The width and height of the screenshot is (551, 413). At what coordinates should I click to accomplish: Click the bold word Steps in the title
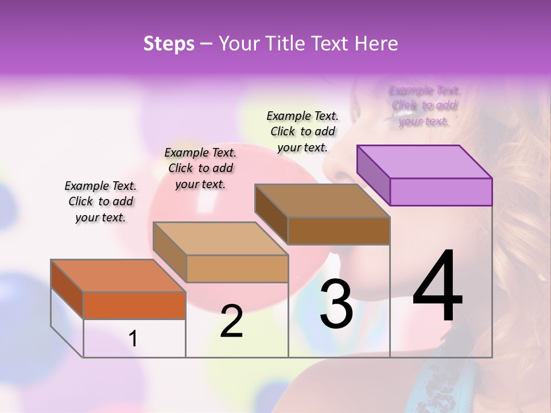[169, 44]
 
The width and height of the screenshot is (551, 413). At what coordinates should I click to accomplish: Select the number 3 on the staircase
[336, 304]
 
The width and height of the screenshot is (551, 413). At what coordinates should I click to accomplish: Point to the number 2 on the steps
[231, 321]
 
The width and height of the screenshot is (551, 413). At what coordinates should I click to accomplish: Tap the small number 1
[133, 338]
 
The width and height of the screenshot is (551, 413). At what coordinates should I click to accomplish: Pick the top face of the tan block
[220, 239]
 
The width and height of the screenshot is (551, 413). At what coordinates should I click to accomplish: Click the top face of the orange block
[118, 276]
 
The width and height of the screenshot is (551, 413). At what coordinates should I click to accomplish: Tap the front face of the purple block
[441, 192]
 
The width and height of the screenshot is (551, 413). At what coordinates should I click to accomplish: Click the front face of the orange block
[134, 305]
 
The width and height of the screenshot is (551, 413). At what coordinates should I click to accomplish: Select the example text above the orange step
[100, 202]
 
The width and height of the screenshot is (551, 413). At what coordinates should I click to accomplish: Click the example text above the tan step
[200, 168]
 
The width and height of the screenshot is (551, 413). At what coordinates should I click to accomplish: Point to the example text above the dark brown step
[302, 131]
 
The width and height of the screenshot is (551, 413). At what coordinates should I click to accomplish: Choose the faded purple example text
[424, 106]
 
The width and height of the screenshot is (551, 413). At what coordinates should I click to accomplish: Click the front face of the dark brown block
[339, 231]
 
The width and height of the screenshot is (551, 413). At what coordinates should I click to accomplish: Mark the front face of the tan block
[237, 268]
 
